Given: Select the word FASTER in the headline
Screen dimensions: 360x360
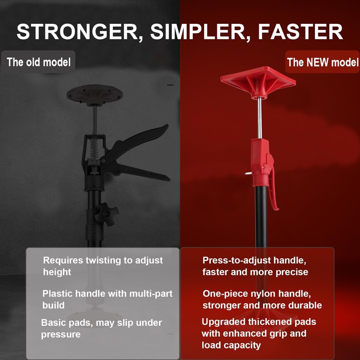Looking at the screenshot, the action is point(301,31).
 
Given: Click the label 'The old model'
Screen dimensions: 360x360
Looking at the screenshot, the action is point(39,62).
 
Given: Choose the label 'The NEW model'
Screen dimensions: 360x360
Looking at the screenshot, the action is point(323,62).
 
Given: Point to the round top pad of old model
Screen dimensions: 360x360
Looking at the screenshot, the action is point(94,94).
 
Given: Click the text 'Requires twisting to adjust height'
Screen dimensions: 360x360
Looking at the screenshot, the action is point(103,266).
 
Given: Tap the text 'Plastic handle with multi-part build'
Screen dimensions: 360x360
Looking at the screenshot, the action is point(107,299).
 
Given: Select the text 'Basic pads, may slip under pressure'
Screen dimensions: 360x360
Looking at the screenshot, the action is point(102,328).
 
